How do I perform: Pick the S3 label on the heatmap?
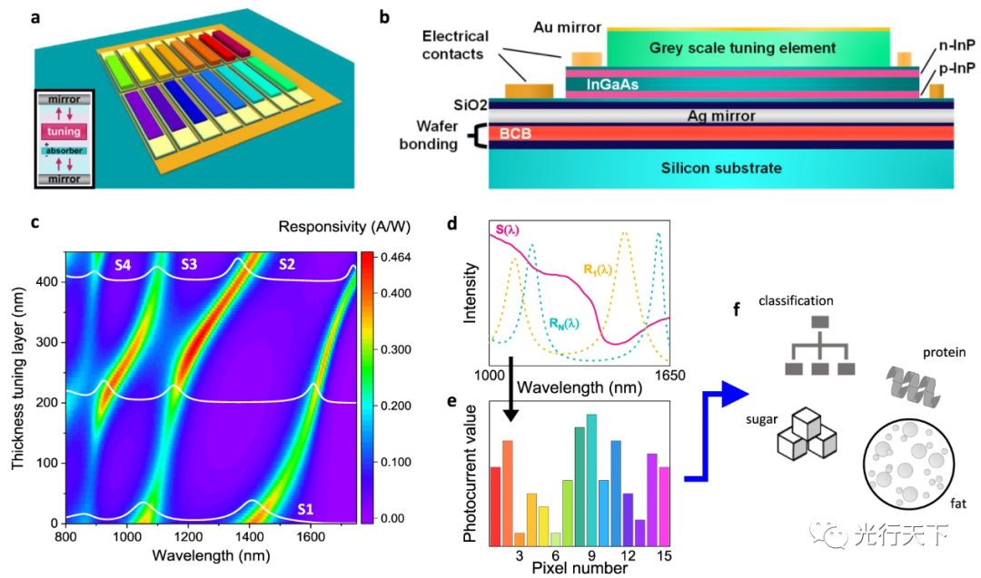(x=190, y=265)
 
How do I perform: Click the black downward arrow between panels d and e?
(x=511, y=389)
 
